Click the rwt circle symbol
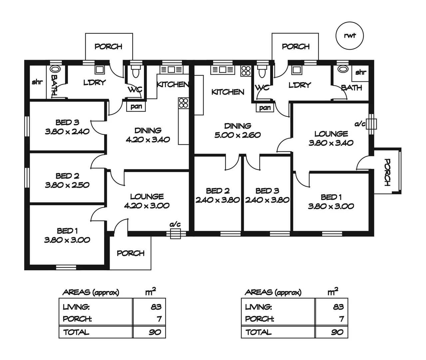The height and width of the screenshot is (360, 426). tap(349, 36)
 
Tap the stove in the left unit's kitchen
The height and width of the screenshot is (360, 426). tap(183, 103)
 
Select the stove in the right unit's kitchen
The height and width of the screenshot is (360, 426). tap(246, 71)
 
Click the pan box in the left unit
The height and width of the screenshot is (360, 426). tap(136, 107)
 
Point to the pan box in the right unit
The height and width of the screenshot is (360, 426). tap(265, 108)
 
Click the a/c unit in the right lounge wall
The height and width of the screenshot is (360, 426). tap(372, 124)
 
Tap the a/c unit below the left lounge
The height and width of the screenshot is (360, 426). tap(175, 234)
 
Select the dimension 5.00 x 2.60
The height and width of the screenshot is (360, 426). tap(237, 135)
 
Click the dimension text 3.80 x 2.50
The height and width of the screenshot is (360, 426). tap(67, 185)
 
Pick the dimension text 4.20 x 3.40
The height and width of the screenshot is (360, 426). tap(148, 140)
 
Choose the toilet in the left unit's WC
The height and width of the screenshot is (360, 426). tap(136, 71)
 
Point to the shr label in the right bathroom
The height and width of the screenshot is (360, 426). tap(360, 72)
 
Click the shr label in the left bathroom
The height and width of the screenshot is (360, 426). tap(37, 82)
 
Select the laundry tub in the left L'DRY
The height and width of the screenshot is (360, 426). tap(99, 70)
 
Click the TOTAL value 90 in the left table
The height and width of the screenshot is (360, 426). tap(155, 332)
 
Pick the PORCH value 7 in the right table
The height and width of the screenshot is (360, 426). tap(341, 319)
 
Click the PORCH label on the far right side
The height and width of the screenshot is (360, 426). tap(387, 172)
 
